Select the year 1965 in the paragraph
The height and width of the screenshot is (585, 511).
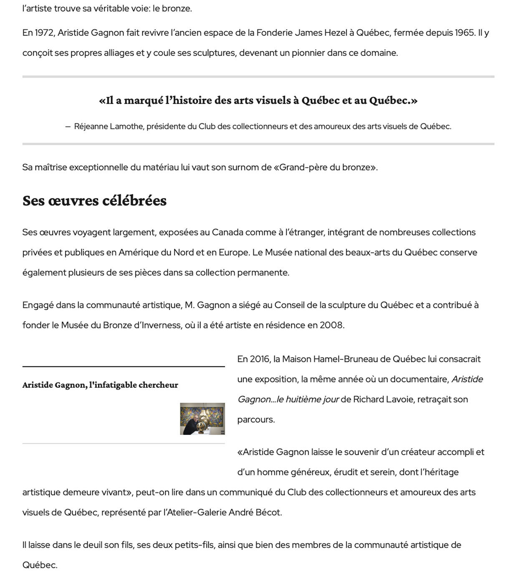[x=465, y=33]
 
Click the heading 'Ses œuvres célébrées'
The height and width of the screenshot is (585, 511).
[x=94, y=201]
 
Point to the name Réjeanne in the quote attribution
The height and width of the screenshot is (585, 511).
[x=91, y=126]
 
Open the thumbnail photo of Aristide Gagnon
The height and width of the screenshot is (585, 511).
[x=202, y=419]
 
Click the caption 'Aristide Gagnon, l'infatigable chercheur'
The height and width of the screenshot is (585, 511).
[x=100, y=385]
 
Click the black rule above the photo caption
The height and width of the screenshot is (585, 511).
[x=124, y=367]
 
